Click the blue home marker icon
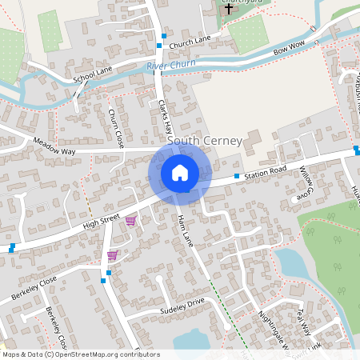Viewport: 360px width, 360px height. click(x=179, y=173)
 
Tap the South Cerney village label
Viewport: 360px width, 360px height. click(x=204, y=141)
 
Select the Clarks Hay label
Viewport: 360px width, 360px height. click(x=166, y=117)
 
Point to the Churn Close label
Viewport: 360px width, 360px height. click(x=117, y=128)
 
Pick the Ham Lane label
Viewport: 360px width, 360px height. click(x=186, y=230)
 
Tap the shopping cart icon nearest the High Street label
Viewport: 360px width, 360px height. click(x=130, y=220)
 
